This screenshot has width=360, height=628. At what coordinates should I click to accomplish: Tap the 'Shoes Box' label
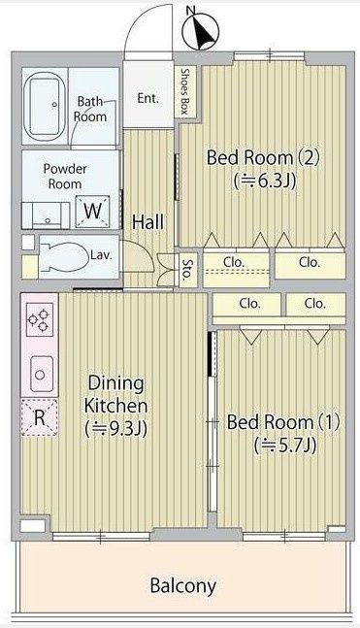183,91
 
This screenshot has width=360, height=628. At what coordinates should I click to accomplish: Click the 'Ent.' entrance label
147,98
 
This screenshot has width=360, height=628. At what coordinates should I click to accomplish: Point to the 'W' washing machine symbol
93,210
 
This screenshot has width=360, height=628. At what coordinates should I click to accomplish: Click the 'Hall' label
147,222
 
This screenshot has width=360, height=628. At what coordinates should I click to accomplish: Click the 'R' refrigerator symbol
39,419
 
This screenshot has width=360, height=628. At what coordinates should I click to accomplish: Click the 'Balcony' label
182,586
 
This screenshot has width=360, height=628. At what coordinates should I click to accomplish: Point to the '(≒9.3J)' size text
115,427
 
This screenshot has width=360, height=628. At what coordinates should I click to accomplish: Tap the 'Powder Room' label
65,175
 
